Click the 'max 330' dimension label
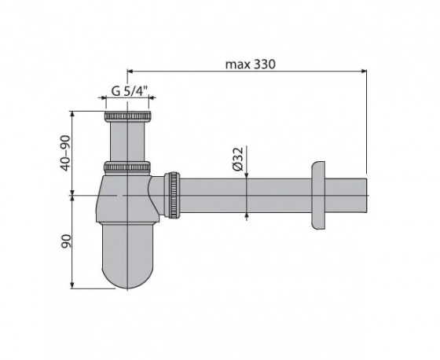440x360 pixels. coord(251,64)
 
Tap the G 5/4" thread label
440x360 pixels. coord(130,91)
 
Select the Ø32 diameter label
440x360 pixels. coord(237,158)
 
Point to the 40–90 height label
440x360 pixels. coord(65,153)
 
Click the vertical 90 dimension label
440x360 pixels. coord(66,241)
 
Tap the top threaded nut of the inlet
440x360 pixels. coord(128,116)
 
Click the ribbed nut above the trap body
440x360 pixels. coord(127,167)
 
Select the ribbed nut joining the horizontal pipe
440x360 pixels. coord(173,195)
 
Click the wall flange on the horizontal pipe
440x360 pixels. coord(318,196)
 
